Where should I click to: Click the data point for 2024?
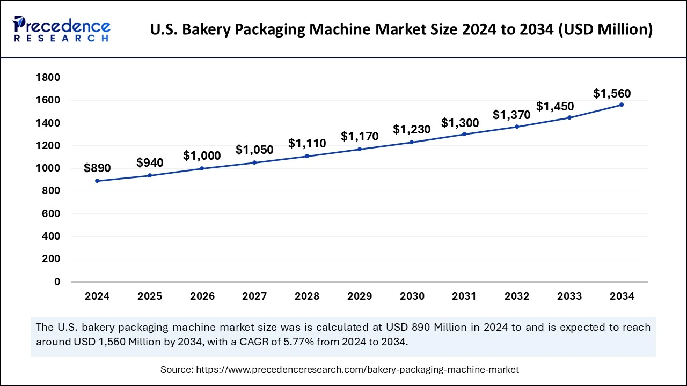point(97,181)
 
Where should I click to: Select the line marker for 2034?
point(622,105)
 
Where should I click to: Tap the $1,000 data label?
point(202,155)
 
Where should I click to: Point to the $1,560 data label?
point(612,93)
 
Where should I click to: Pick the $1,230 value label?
point(412,129)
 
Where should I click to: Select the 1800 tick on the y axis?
point(48,78)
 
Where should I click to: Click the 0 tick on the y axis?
point(57,282)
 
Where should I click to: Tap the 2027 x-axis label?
point(254,296)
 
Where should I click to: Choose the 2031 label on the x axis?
point(464,296)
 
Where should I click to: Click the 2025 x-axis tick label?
point(150,296)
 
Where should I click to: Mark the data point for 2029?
point(360,149)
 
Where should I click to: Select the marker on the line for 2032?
point(517,127)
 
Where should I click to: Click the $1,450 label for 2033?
point(555,106)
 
